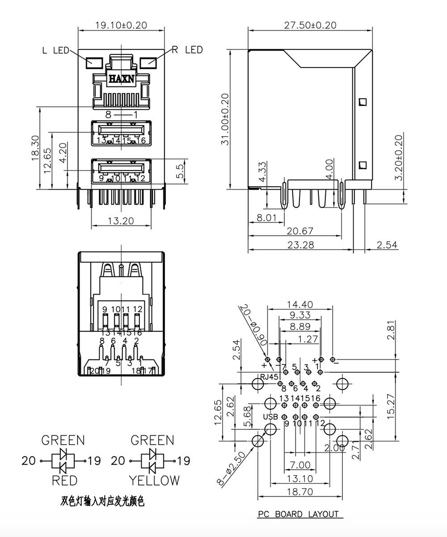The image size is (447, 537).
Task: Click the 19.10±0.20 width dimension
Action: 121,25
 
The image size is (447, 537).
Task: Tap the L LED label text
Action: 55,50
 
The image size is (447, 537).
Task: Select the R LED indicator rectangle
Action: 148,62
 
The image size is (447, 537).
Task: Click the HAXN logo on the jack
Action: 121,79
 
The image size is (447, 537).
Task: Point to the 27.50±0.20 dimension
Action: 310,25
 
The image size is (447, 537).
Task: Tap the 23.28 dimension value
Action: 300,245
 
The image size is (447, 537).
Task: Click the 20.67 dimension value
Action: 300,231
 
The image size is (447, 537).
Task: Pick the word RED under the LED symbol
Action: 64,480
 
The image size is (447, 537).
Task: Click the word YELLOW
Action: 154,480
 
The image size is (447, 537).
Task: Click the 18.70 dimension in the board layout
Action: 300,491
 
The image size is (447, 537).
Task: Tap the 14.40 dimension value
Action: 299,304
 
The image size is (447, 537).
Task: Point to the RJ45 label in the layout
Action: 270,377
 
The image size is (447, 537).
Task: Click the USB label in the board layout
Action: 270,416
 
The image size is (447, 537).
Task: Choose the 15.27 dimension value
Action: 391,405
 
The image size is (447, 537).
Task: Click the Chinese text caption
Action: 102,501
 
